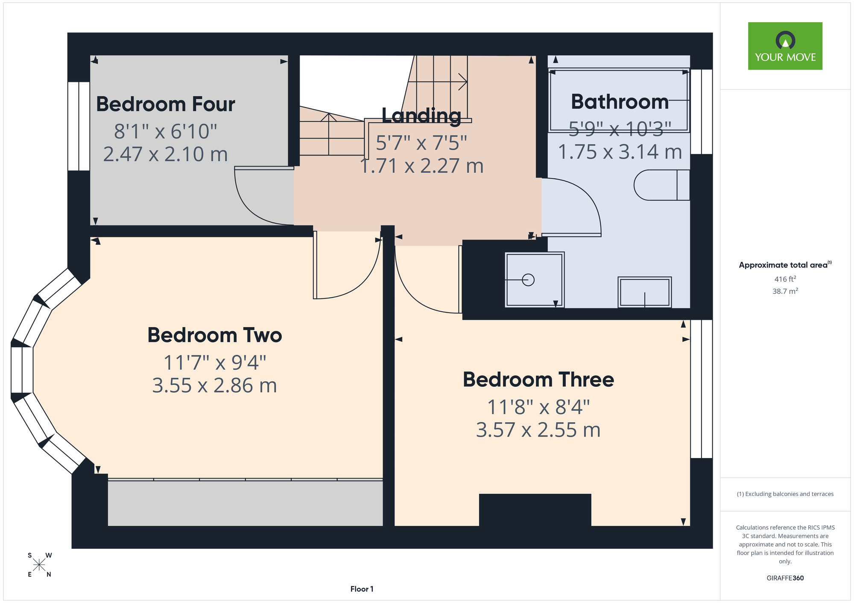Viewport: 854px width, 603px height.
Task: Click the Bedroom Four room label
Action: pyautogui.click(x=166, y=104)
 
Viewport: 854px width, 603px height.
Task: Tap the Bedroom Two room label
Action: pyautogui.click(x=215, y=335)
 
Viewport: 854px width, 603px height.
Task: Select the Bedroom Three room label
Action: pyautogui.click(x=538, y=380)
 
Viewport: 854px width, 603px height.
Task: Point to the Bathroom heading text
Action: pyautogui.click(x=620, y=102)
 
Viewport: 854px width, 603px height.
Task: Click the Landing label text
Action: pyautogui.click(x=421, y=116)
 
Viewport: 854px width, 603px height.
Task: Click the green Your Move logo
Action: pyautogui.click(x=785, y=46)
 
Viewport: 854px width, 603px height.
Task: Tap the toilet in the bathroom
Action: pyautogui.click(x=662, y=185)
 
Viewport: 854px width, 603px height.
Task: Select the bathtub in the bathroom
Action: pyautogui.click(x=619, y=100)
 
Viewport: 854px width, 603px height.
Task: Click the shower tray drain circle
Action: pyautogui.click(x=528, y=280)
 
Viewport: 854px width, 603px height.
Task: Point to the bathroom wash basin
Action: pyautogui.click(x=645, y=292)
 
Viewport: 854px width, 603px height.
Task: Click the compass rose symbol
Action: pyautogui.click(x=39, y=565)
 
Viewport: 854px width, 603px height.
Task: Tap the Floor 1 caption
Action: pyautogui.click(x=362, y=589)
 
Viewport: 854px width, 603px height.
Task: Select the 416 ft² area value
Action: pyautogui.click(x=785, y=279)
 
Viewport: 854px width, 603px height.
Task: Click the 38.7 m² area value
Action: pyautogui.click(x=785, y=291)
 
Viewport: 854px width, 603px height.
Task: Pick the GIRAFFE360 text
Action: pyautogui.click(x=785, y=578)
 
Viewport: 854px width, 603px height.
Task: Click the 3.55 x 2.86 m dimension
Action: pyautogui.click(x=215, y=386)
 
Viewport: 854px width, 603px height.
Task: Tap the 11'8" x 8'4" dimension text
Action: pyautogui.click(x=538, y=407)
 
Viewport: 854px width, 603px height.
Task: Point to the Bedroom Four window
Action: pyautogui.click(x=79, y=126)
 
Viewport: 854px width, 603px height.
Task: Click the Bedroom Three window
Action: pyautogui.click(x=702, y=389)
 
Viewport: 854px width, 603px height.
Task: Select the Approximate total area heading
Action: pyautogui.click(x=785, y=265)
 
